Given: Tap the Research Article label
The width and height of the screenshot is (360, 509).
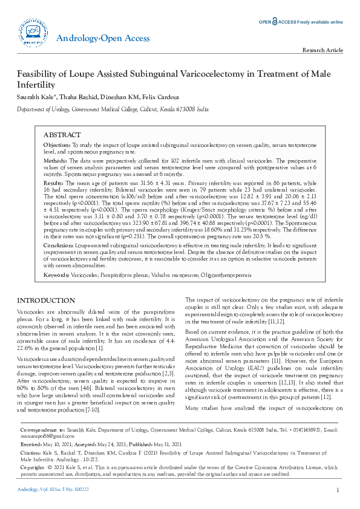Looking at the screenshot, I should (322, 50).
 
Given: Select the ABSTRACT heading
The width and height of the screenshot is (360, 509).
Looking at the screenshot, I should (62, 134).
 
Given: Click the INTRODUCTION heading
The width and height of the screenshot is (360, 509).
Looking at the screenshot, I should (46, 300).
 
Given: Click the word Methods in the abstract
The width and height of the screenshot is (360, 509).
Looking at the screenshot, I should (55, 162).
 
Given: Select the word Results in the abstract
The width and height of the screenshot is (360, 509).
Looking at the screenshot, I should (54, 183).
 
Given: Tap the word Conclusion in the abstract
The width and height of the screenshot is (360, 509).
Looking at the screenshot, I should (58, 245).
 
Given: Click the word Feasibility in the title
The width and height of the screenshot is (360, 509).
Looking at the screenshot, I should (41, 74).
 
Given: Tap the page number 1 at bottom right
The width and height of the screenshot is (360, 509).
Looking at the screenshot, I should (337, 490).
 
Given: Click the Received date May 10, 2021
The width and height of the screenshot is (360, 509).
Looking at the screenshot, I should (56, 459).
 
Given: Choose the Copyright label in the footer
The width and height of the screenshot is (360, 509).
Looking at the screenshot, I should (33, 484).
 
